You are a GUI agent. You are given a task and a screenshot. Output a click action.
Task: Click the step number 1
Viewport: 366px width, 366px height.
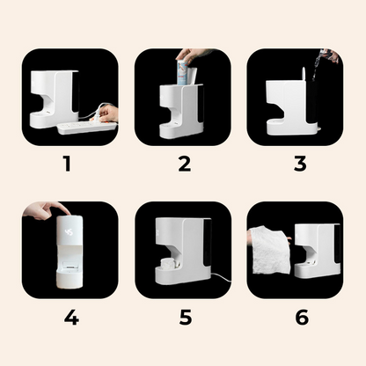point(68,164)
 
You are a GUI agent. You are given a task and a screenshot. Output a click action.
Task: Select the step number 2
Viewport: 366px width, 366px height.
point(185,164)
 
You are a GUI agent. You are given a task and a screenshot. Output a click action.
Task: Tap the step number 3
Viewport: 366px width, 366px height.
point(300,164)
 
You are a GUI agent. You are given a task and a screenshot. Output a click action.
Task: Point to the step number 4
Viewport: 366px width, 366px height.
point(71,317)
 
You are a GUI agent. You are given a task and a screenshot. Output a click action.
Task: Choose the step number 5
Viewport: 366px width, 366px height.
point(186,318)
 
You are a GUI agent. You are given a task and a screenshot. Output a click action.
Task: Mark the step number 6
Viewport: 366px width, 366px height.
point(302,318)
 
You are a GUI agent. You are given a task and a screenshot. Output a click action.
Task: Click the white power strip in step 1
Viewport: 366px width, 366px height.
point(87,128)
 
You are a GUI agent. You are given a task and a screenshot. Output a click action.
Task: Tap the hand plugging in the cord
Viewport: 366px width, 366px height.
point(108,113)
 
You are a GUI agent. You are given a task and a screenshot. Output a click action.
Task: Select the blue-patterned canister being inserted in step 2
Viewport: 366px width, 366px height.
point(183,72)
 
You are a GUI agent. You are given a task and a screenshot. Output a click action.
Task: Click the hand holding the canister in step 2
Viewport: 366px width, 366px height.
point(194,55)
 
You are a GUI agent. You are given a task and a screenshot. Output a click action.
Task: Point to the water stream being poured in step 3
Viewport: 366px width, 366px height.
point(318,66)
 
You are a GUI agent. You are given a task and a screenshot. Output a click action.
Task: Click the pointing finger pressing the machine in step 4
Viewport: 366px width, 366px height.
point(47,210)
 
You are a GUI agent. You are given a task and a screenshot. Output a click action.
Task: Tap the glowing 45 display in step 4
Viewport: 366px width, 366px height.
point(69,232)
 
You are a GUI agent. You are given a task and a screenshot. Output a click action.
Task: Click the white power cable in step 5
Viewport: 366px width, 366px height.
point(222,277)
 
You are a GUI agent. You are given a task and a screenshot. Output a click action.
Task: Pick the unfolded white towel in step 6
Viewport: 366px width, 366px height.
point(270,250)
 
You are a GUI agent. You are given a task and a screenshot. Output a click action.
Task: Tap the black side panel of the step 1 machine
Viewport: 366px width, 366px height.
point(76,91)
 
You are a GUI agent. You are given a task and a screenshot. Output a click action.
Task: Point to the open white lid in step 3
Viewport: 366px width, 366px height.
point(304,74)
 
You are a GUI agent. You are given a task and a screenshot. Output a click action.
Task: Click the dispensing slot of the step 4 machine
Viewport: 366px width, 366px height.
point(70,267)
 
